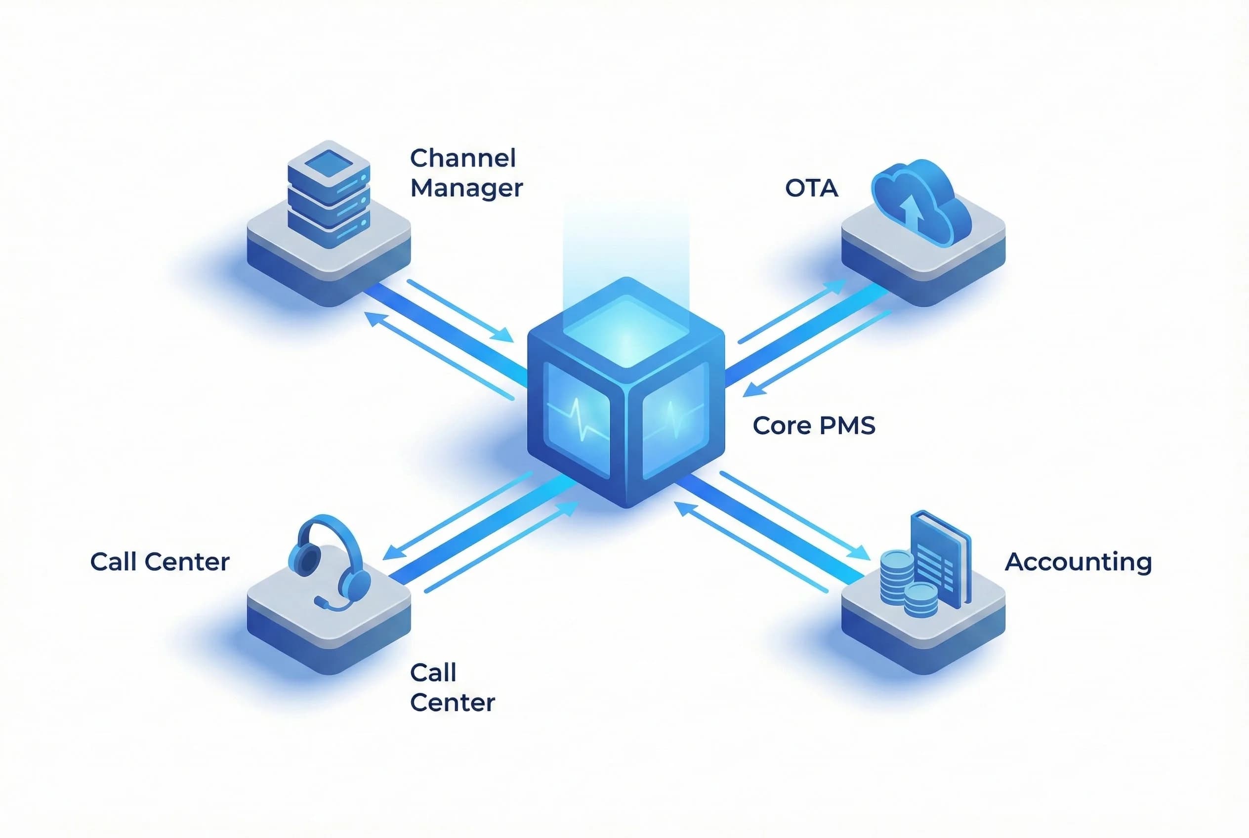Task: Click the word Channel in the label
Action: [462, 158]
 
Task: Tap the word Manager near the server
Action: [466, 188]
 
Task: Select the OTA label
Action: [811, 188]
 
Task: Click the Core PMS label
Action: [813, 425]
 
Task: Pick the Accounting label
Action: [1078, 562]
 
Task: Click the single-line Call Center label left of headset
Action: [159, 562]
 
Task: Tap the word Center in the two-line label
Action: [452, 702]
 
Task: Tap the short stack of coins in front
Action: [920, 600]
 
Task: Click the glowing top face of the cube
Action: [626, 332]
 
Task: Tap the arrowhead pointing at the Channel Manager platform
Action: [373, 319]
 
